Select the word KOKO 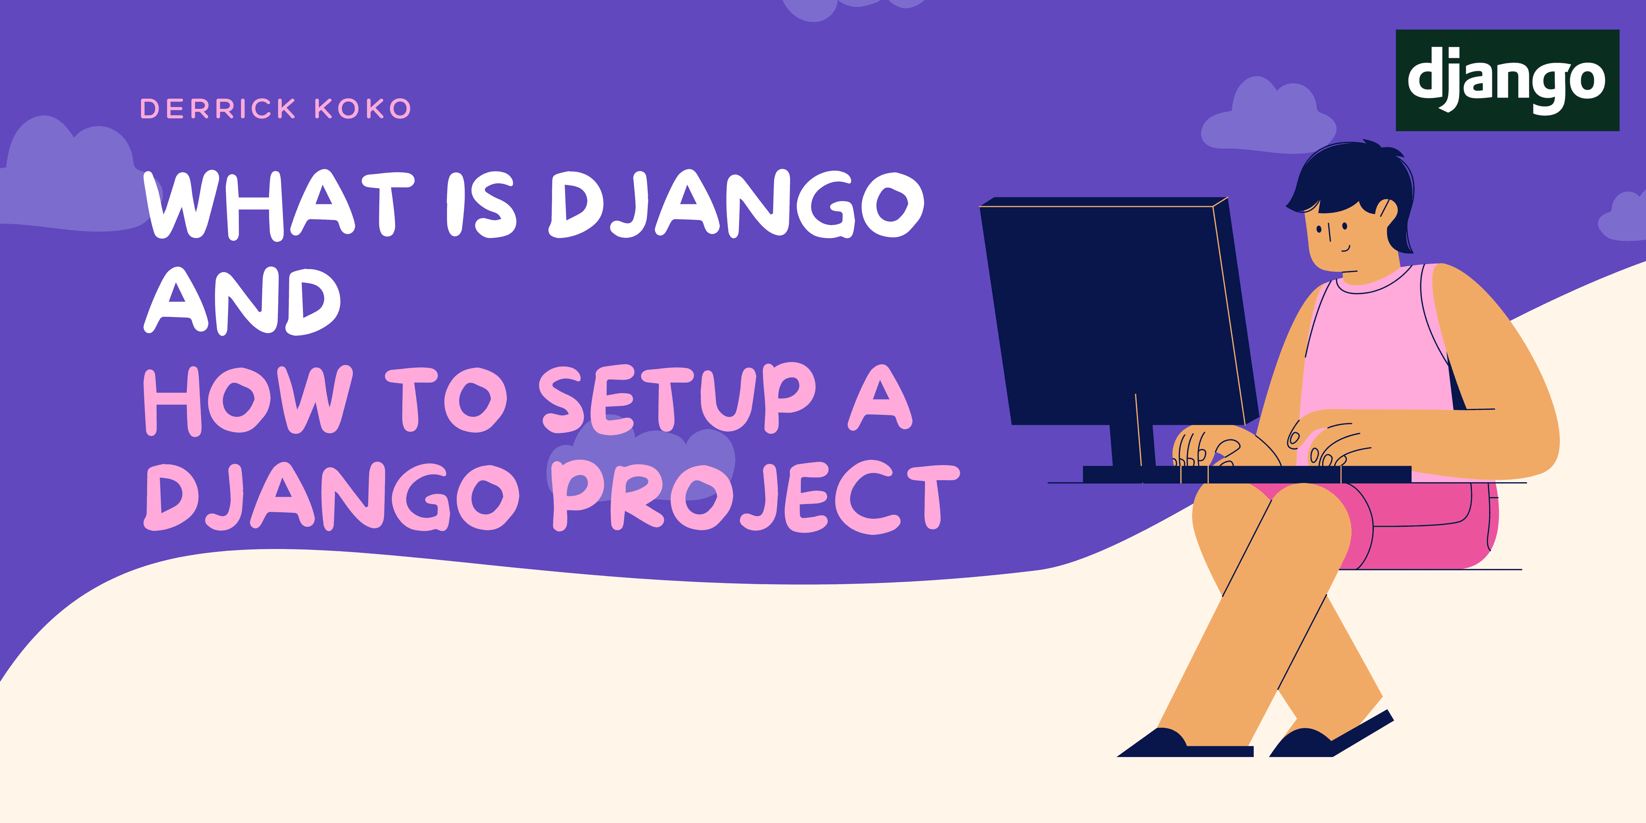tap(362, 108)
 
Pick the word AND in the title tap(243, 300)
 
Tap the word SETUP tap(677, 397)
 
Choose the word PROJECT tap(756, 497)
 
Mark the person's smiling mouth tap(1345, 248)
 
